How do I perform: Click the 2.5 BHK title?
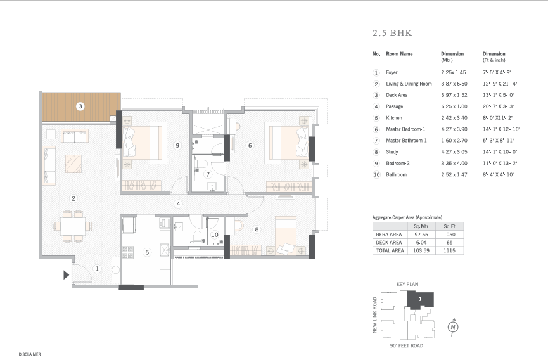[x=392, y=33]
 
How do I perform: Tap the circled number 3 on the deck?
[x=80, y=106]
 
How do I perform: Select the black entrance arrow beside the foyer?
[x=66, y=275]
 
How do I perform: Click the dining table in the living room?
[x=73, y=226]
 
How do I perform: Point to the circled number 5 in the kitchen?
[x=147, y=252]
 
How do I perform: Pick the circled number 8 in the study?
[x=257, y=229]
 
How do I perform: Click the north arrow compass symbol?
[x=453, y=327]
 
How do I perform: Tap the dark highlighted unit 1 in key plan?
[x=421, y=300]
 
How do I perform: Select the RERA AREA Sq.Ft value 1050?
[x=449, y=235]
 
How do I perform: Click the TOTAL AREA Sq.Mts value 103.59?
[x=421, y=250]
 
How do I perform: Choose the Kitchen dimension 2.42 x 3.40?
[x=454, y=118]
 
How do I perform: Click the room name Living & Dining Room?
[x=409, y=84]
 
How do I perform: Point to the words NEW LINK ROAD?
[x=374, y=315]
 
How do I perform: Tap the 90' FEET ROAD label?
[x=407, y=345]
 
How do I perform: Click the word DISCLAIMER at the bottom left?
[x=30, y=354]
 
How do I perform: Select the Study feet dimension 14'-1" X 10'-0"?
[x=500, y=152]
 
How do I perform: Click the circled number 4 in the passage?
[x=178, y=203]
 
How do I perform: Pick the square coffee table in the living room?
[x=73, y=164]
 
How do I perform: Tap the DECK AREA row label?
[x=388, y=243]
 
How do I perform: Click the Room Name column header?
[x=399, y=54]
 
